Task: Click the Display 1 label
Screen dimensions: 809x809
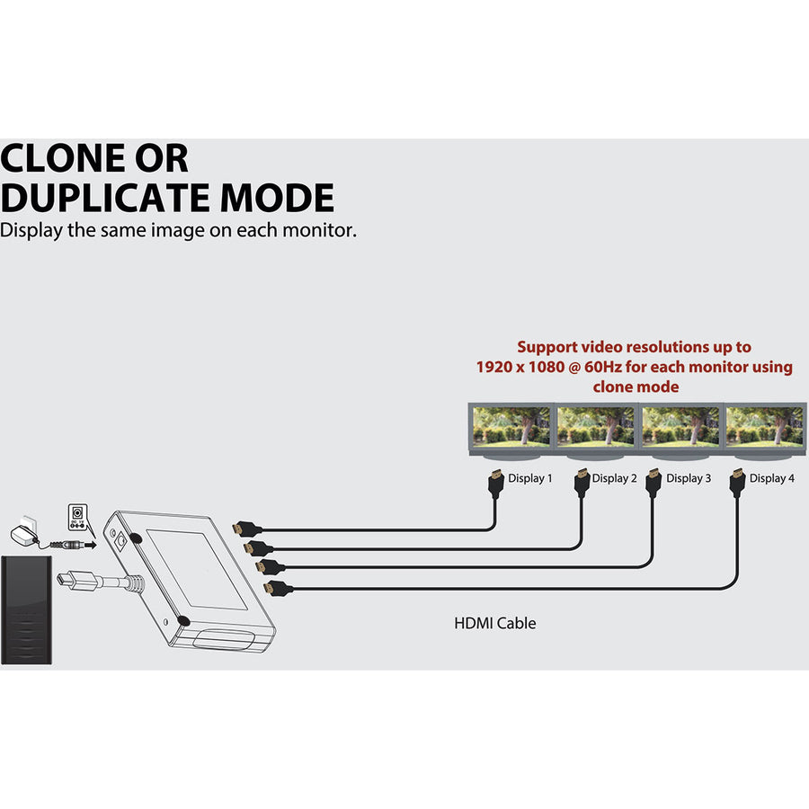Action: pos(530,478)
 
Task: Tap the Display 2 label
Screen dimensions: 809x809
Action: pos(615,478)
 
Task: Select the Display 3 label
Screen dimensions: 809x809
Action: pos(689,478)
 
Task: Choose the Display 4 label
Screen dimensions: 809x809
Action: pos(772,478)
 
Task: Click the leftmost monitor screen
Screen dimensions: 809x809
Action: pos(511,426)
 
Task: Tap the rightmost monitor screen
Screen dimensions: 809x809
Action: pos(765,426)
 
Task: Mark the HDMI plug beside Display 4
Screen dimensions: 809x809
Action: pos(738,482)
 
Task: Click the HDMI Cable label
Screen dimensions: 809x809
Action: pos(495,623)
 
